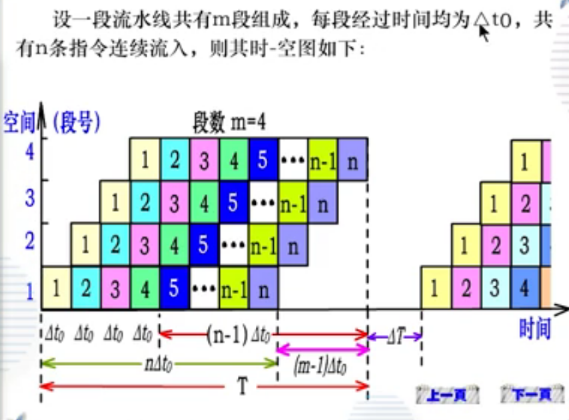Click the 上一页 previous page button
coord(448,395)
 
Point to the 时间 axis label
coord(535,328)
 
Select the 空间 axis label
coord(18,122)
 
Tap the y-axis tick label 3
coord(29,198)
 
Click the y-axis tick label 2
coord(29,241)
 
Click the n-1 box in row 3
coord(293,203)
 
